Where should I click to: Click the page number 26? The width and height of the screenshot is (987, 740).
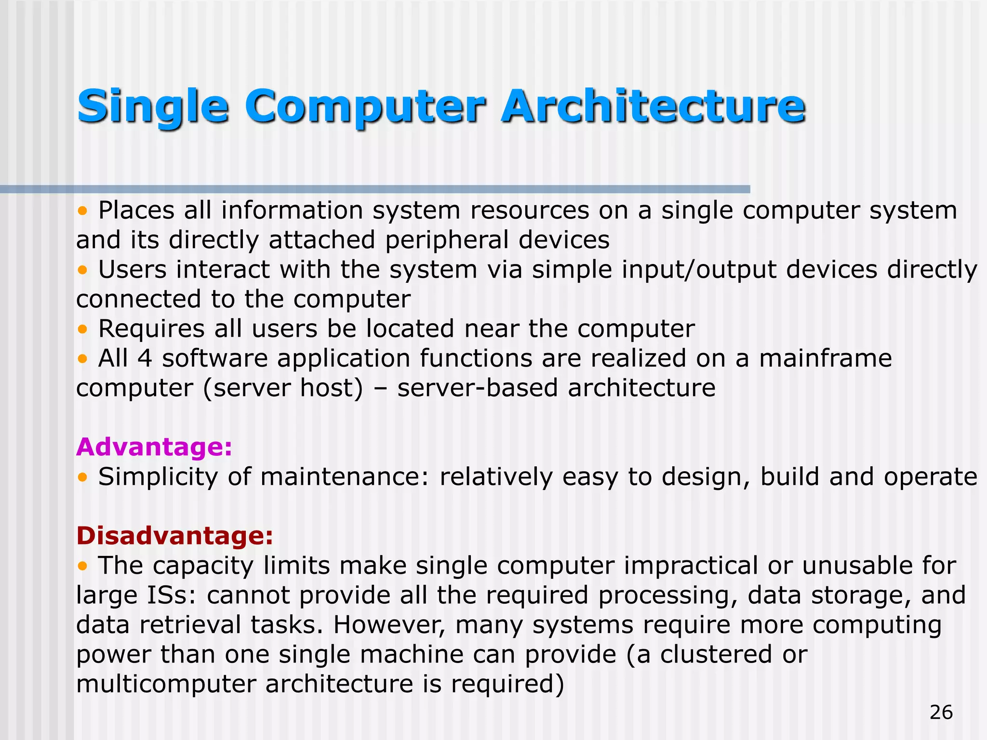[x=941, y=712]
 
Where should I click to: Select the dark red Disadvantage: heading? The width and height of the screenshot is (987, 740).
[x=174, y=535]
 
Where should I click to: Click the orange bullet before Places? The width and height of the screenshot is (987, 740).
[x=83, y=211]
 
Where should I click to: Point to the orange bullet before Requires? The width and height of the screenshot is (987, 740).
[x=83, y=329]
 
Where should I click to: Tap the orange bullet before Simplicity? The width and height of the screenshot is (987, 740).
[x=83, y=477]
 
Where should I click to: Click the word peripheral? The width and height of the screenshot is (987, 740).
[x=446, y=240]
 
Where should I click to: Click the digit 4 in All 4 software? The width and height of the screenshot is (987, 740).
[x=145, y=358]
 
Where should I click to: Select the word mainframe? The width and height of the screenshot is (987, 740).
[x=825, y=358]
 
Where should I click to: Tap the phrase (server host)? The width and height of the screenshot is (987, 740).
[x=283, y=388]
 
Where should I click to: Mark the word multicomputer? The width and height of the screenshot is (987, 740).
[x=165, y=684]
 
